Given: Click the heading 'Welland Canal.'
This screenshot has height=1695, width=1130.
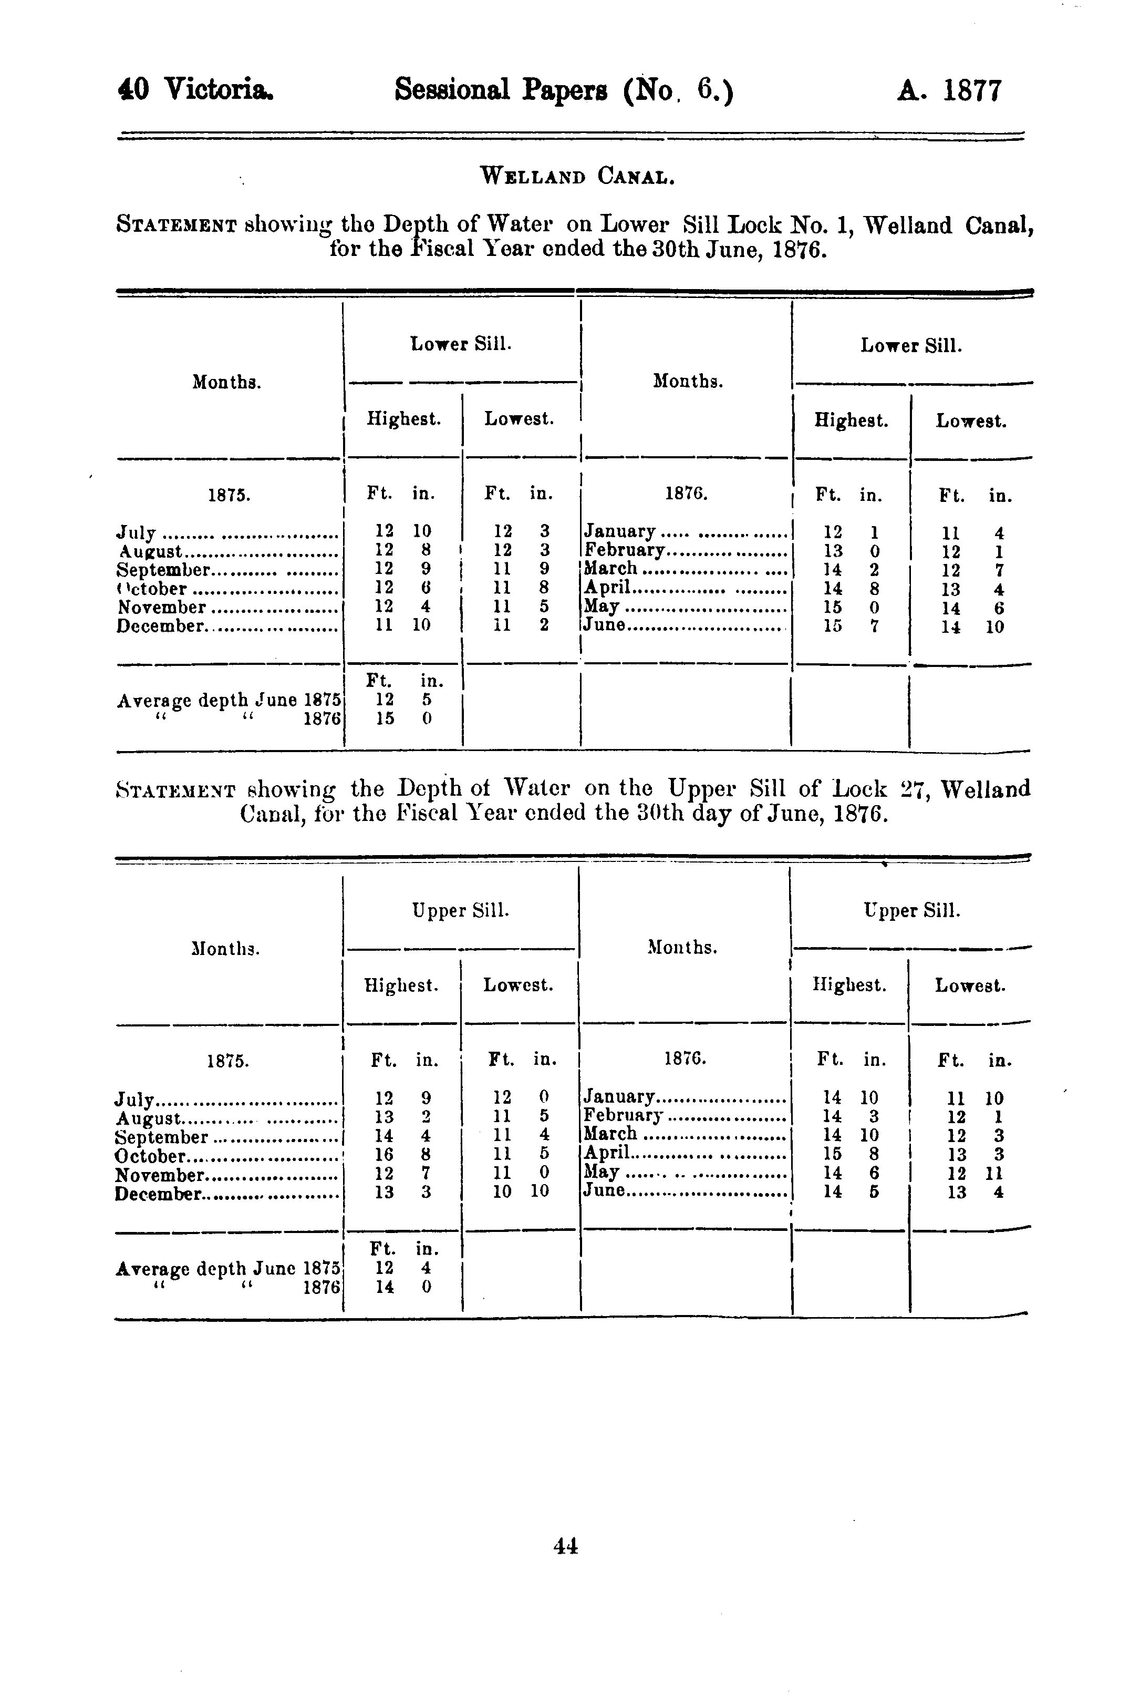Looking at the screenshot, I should pos(577,176).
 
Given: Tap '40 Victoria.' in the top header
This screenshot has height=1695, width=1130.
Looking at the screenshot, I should pos(195,90).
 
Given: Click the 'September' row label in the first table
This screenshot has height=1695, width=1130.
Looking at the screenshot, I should pos(163,570).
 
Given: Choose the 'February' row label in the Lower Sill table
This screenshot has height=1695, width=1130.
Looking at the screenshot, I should pos(624,551).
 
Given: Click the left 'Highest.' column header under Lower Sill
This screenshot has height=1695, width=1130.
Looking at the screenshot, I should pos(403,419).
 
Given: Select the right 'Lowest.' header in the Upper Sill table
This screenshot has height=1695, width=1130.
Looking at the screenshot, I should pos(969,985).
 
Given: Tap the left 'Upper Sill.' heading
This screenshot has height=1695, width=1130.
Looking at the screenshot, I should pos(461,911).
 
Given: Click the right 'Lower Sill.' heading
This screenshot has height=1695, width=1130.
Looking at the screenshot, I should pos(911,346).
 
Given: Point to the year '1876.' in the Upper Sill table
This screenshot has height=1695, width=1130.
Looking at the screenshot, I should pos(685,1059).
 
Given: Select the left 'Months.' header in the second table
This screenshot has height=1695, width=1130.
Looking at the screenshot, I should pos(225,949).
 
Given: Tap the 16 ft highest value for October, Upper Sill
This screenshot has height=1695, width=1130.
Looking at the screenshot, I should pos(384,1155).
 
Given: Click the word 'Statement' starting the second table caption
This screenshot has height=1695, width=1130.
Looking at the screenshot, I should pos(175,790).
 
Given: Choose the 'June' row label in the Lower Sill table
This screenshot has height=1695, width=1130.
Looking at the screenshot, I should pos(604,625).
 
